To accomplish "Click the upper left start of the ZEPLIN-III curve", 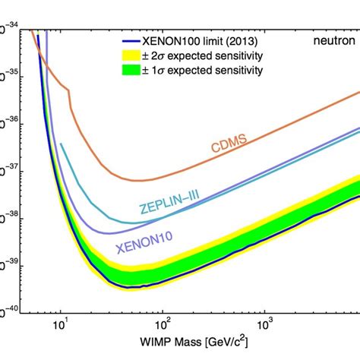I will pos(61,143).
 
